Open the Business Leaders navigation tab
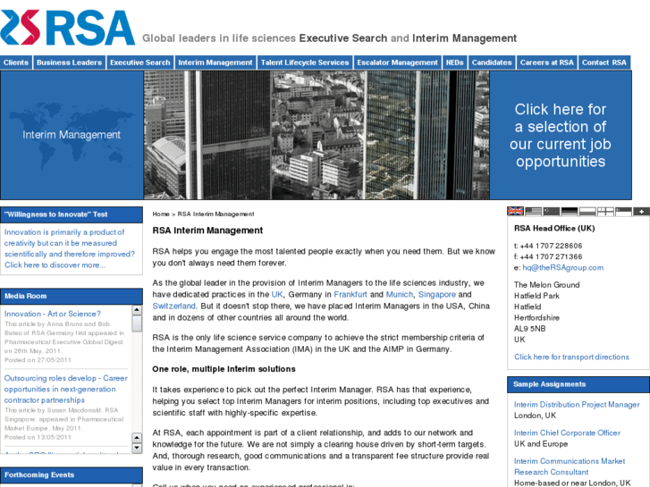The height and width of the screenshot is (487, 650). (x=69, y=63)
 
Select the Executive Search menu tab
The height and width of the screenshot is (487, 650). (x=139, y=63)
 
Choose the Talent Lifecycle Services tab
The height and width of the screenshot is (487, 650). (x=304, y=63)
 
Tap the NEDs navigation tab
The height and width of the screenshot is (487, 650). (x=454, y=63)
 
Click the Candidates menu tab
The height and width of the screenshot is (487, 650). (x=492, y=63)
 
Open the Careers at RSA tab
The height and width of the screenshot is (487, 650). (x=546, y=63)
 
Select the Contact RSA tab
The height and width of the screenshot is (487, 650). (x=604, y=63)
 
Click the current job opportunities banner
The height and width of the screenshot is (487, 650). (x=561, y=135)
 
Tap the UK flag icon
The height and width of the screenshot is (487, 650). (x=516, y=212)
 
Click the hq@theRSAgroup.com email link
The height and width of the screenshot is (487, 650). (x=563, y=267)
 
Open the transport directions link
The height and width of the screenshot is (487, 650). (x=571, y=357)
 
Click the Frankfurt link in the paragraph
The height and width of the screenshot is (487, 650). (x=351, y=294)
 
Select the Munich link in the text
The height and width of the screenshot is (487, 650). (x=400, y=294)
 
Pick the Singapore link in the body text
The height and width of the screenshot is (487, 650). (x=437, y=294)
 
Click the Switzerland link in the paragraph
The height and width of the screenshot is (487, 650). (x=174, y=306)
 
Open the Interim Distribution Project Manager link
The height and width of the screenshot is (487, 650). (x=577, y=405)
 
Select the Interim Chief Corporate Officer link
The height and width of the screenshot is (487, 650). (x=567, y=432)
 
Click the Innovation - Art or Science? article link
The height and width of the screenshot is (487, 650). (x=53, y=314)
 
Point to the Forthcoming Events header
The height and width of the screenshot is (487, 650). (x=39, y=474)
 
